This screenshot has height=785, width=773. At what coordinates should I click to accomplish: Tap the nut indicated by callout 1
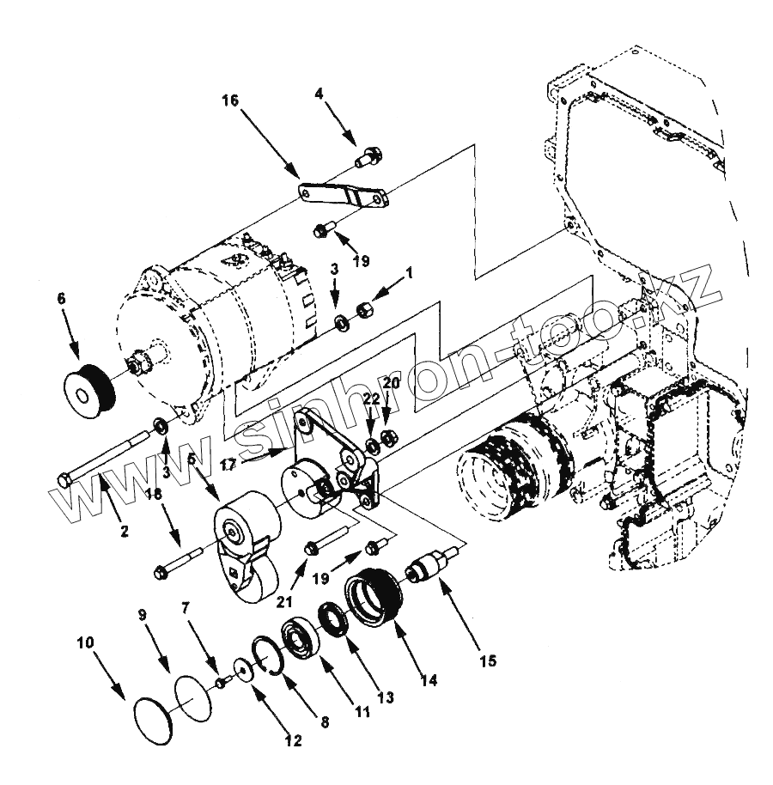tap(363, 306)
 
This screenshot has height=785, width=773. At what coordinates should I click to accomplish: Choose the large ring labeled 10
tap(155, 718)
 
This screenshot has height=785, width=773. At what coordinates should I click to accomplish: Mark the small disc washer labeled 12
tap(245, 671)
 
